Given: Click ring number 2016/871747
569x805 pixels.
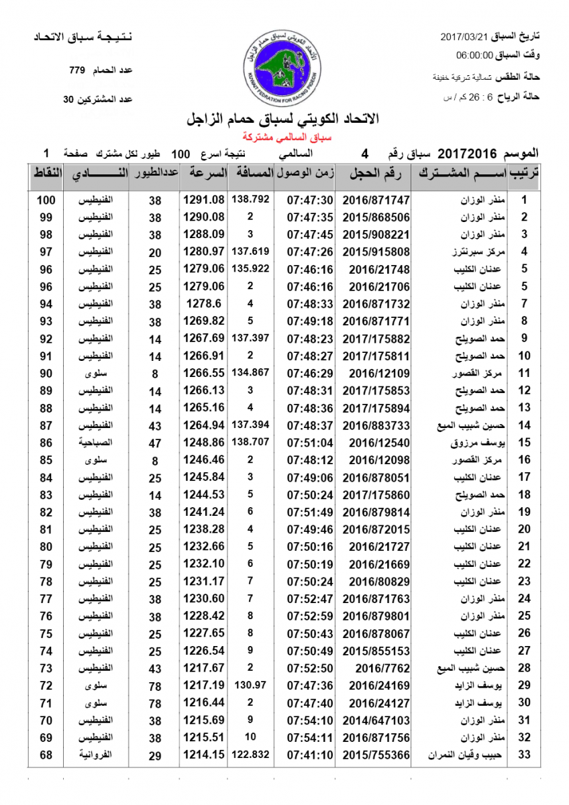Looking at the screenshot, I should pos(376,200).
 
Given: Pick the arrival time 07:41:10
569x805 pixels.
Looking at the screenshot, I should pos(310,755).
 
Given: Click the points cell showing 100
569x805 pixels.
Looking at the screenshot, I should pos(46,200).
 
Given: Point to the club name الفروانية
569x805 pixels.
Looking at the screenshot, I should pos(95,755).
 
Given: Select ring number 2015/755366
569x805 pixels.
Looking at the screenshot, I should pos(376,755).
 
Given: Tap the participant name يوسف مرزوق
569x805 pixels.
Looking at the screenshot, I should pos(478,443).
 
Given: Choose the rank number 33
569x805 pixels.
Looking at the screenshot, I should pos(525,755).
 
